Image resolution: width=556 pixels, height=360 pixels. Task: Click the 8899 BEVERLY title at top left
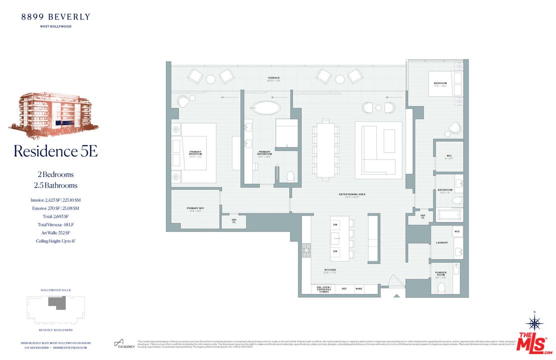point(55,17)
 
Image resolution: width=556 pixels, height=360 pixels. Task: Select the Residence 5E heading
point(55,151)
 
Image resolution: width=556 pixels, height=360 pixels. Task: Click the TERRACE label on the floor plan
point(273,78)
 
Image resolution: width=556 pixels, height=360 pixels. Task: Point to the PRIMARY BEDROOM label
point(195,153)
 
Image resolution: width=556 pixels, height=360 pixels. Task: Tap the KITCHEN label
point(330,270)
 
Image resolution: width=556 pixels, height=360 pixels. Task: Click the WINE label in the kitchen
point(359,289)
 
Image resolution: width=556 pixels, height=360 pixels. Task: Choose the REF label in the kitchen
point(344,289)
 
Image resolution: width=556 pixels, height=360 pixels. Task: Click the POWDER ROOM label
point(441,274)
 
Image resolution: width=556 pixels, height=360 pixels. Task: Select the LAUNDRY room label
point(442,243)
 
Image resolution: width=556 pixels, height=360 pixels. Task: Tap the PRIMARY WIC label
point(195,208)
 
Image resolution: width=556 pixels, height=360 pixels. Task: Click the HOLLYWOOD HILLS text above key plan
point(55,290)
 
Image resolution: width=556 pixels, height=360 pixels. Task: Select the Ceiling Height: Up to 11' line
point(55,241)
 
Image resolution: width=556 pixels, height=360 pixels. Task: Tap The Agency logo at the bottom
point(125,344)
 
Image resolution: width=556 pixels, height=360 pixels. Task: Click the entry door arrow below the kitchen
point(397,296)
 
